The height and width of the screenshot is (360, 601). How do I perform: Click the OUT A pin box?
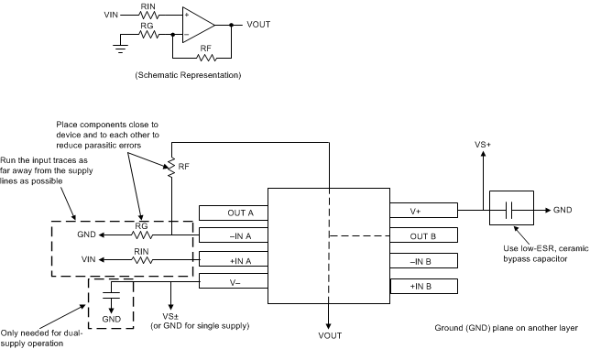point(233,213)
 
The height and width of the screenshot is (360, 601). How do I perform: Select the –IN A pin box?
point(233,236)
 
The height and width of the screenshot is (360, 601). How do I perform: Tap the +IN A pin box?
point(233,260)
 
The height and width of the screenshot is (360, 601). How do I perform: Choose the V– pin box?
point(233,284)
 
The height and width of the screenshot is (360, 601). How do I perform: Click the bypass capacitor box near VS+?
point(509,210)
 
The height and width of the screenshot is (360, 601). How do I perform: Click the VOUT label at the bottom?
point(330,336)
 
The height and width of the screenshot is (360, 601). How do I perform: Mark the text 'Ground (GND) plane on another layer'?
point(507,327)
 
